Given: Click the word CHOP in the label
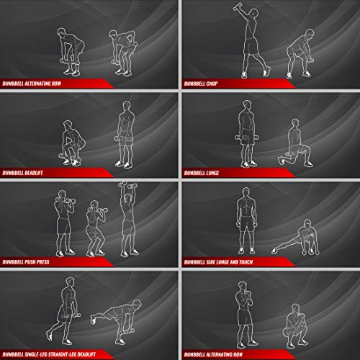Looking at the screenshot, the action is (x=212, y=84).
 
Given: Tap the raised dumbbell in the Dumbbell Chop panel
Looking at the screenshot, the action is (x=238, y=6).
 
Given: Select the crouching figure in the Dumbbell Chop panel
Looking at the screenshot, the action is (x=300, y=54).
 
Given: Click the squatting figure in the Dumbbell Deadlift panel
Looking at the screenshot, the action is (x=72, y=143).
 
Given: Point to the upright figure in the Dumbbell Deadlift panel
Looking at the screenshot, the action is (x=125, y=135).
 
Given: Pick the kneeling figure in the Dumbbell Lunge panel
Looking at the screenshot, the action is (x=296, y=143).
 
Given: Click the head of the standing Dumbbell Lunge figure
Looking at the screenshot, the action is (x=247, y=105).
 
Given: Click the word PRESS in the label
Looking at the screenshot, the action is (x=43, y=262).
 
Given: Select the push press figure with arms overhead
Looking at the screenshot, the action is (x=128, y=220).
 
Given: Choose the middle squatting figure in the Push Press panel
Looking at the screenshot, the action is (x=96, y=229).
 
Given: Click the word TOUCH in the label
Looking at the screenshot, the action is (x=246, y=262).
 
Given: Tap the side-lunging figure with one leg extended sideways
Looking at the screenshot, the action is (x=296, y=238).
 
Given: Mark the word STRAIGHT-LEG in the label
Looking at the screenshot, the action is (x=60, y=354).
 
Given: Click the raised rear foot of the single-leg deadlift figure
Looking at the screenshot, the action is (x=93, y=320).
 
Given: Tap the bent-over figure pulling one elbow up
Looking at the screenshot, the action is (x=123, y=53).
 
